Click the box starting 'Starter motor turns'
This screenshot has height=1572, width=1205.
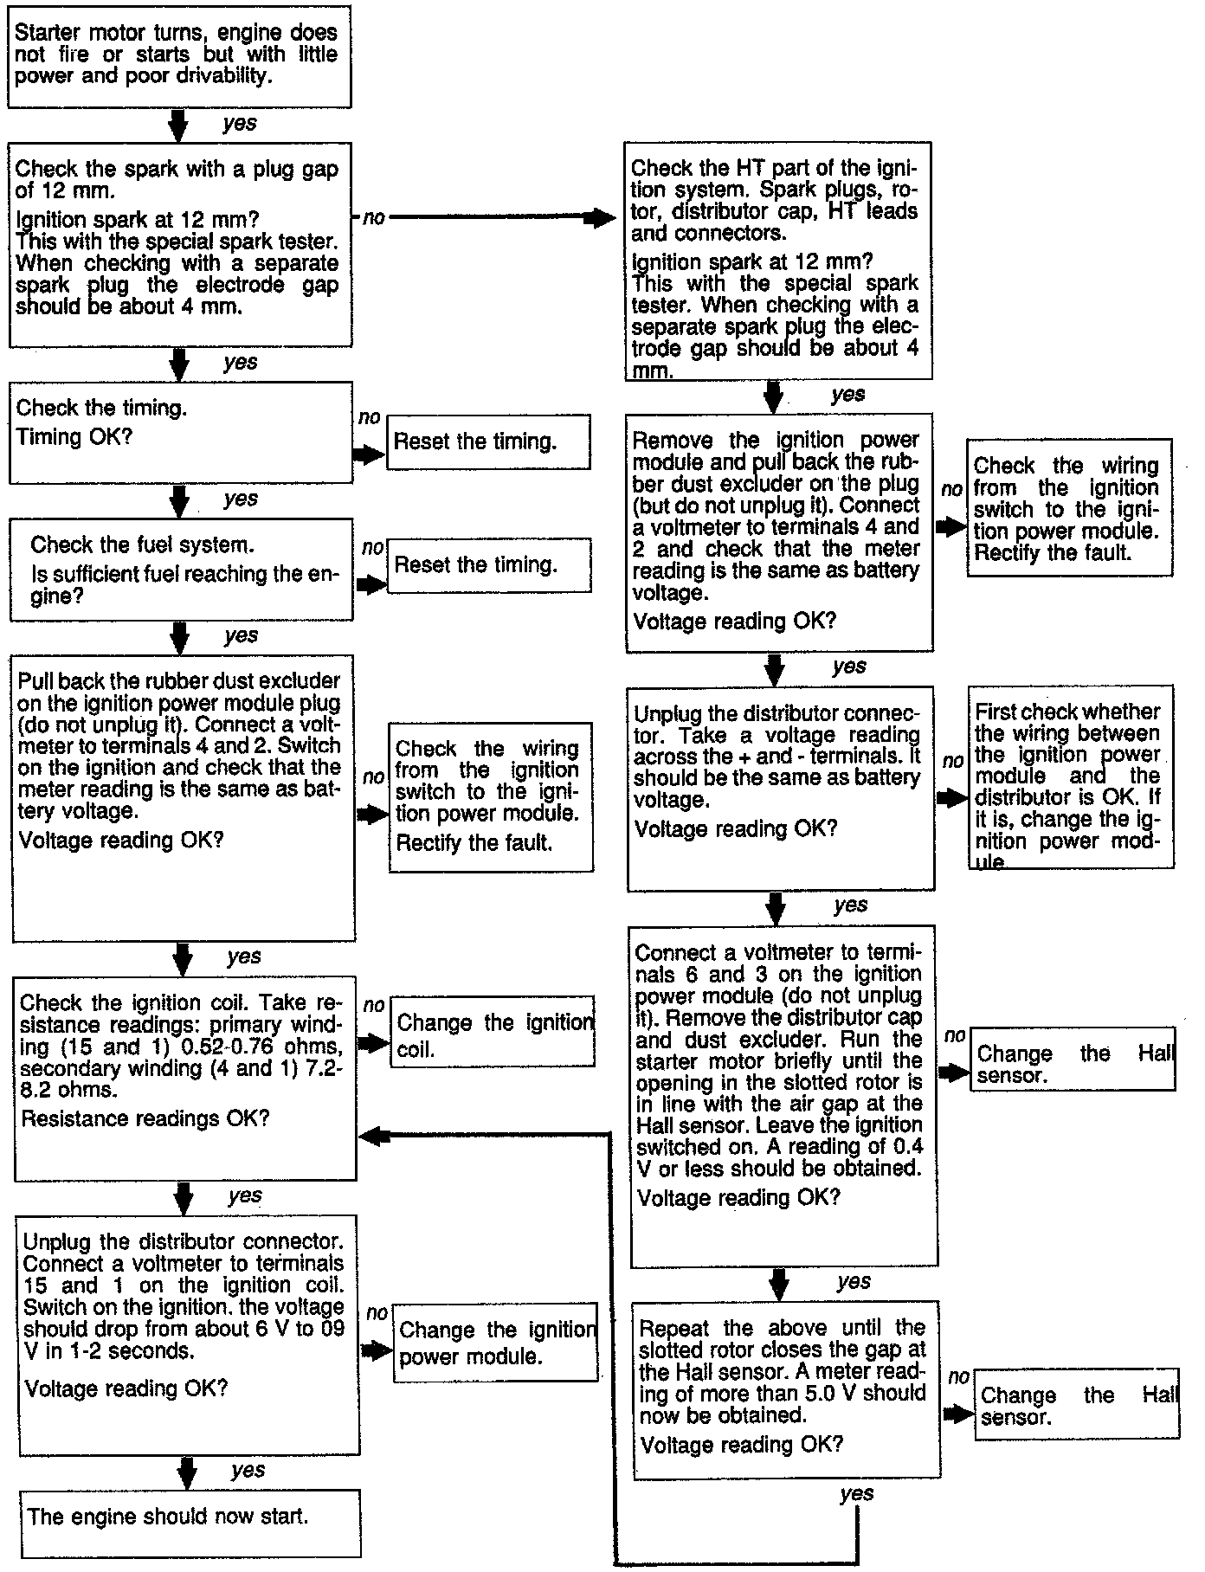point(178,55)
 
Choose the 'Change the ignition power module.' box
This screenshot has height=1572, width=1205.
point(495,1342)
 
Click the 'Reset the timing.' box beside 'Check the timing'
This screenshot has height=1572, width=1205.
point(488,441)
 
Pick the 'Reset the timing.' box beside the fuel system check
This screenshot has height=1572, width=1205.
point(489,565)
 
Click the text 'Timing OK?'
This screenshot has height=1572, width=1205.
point(74,436)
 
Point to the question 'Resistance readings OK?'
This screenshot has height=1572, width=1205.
point(145,1118)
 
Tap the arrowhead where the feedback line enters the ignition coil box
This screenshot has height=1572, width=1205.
point(371,1137)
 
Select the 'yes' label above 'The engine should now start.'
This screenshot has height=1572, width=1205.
point(248,1470)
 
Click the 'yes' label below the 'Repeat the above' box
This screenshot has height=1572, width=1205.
point(856,1493)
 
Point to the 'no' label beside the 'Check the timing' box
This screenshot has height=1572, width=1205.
point(370,417)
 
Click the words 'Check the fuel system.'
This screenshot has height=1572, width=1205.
point(143,544)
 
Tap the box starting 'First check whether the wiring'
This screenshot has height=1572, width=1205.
point(1070,776)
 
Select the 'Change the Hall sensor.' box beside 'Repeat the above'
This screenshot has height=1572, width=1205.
point(1077,1405)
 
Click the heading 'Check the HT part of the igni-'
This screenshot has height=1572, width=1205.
point(774,167)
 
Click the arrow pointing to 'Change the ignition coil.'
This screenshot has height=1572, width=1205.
point(374,1043)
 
